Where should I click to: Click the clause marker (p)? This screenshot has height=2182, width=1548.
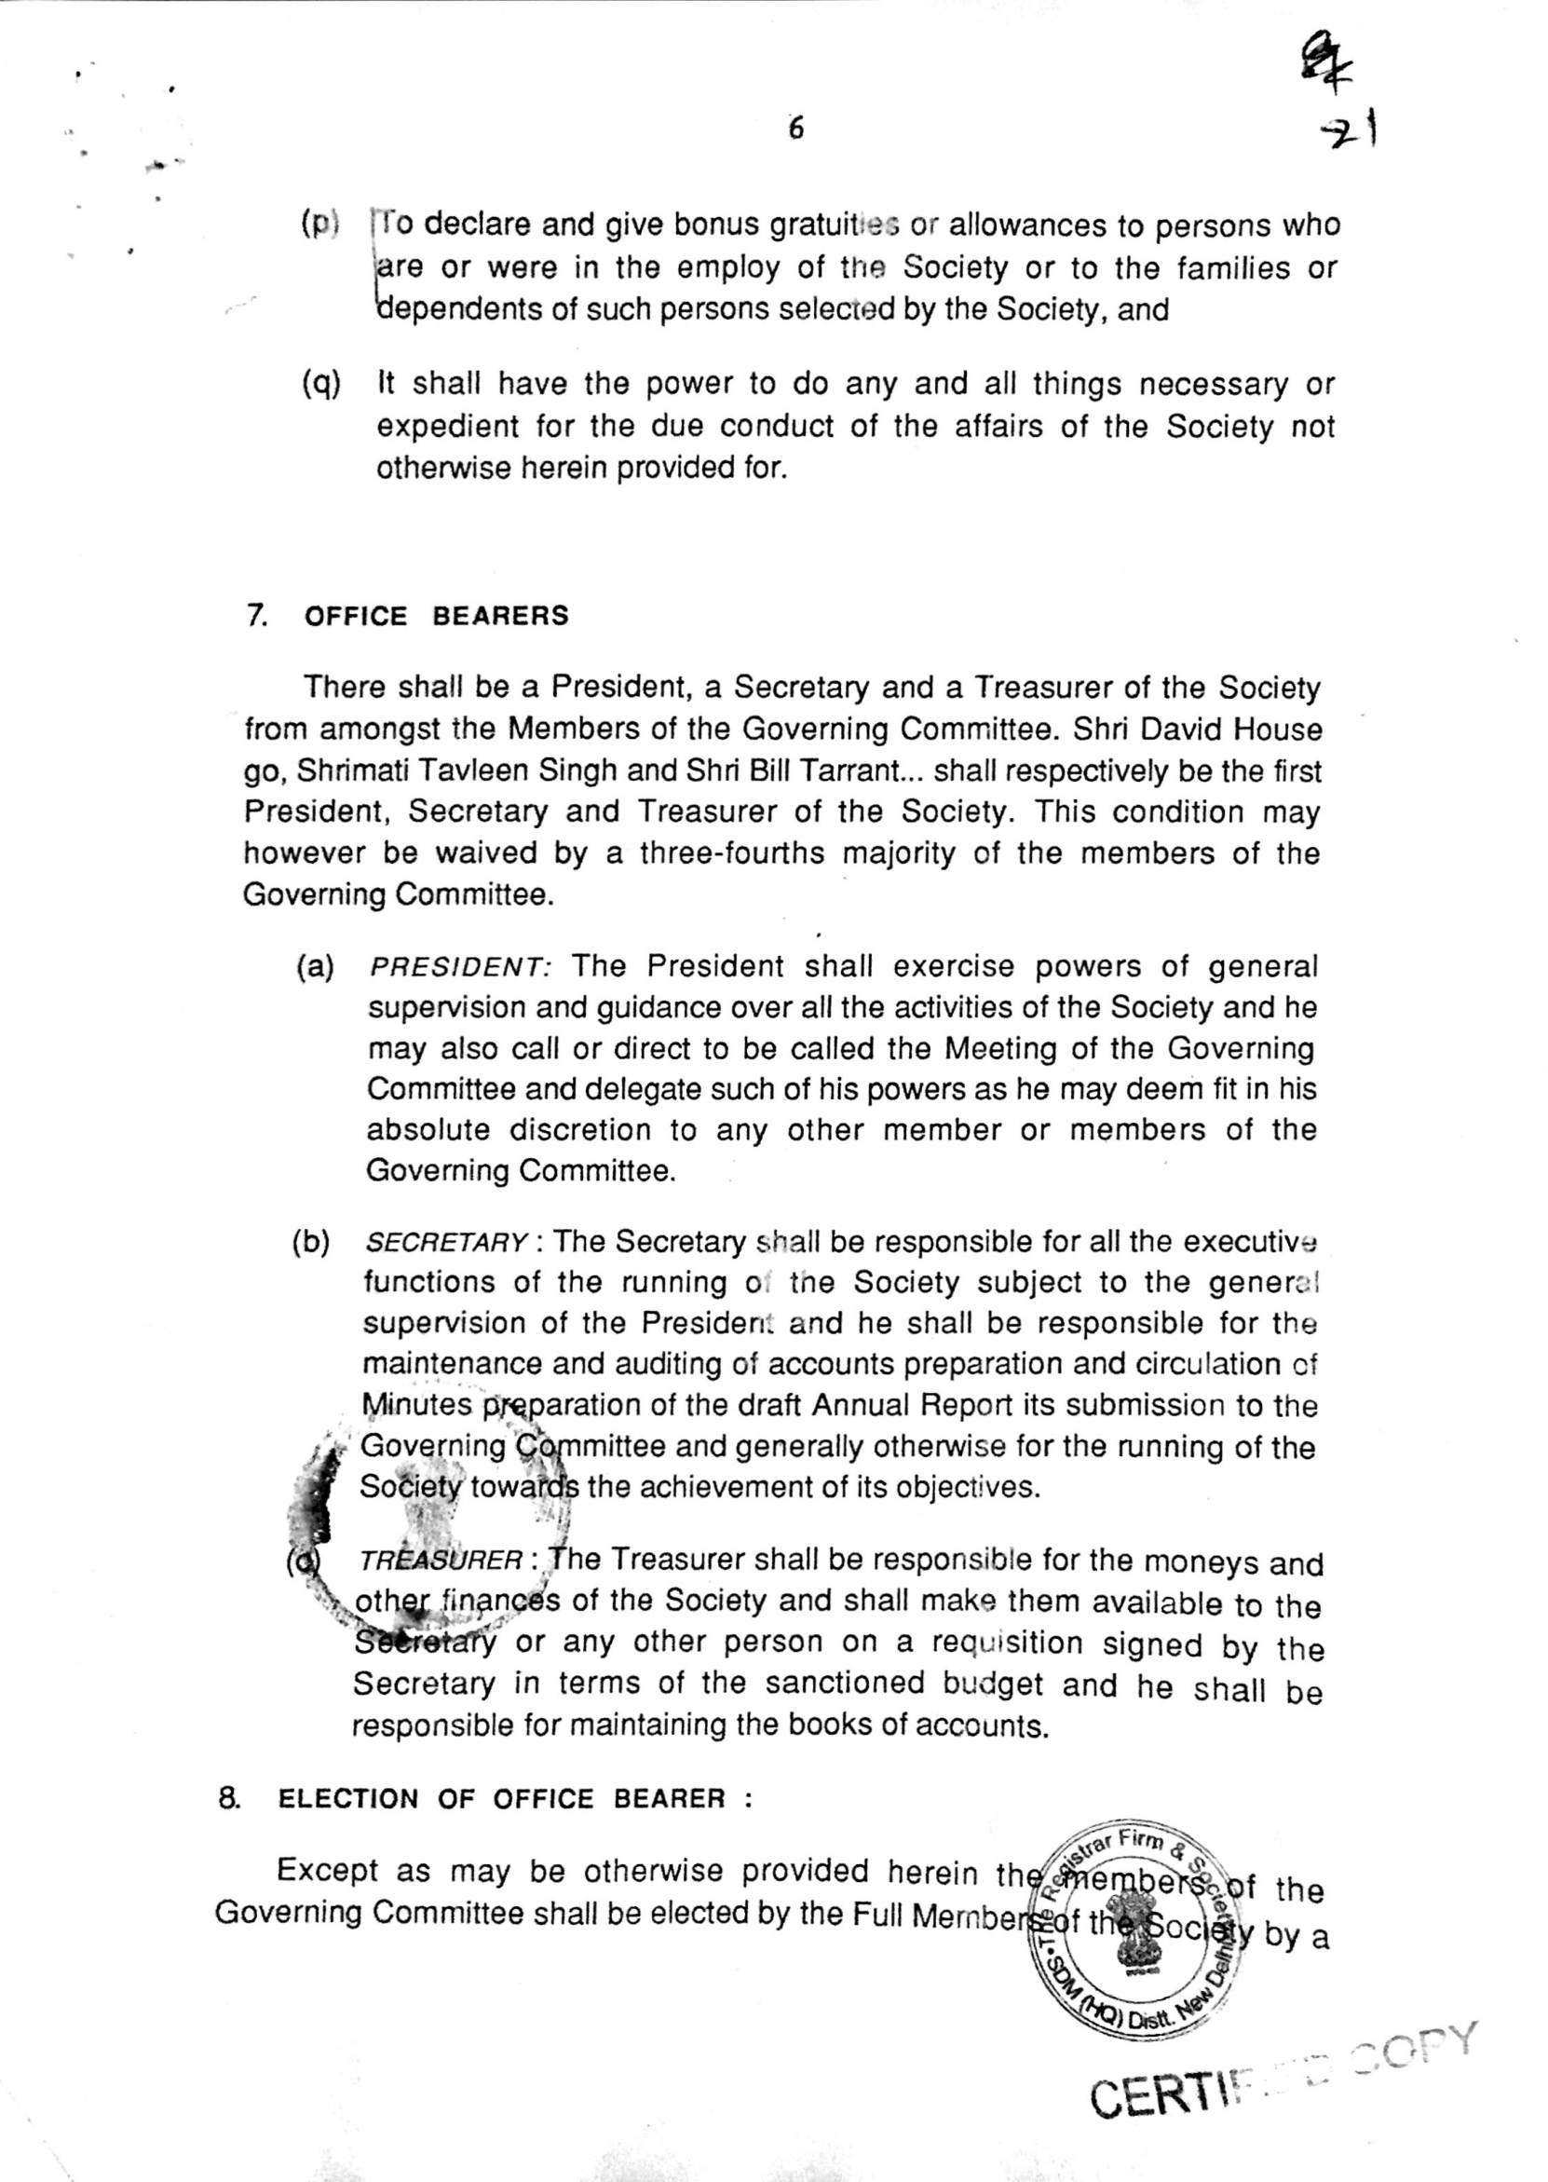pos(319,224)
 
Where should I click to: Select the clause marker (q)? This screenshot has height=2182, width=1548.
pos(320,383)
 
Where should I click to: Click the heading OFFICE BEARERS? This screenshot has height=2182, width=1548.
pos(437,616)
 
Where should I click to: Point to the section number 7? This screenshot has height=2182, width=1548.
pos(256,616)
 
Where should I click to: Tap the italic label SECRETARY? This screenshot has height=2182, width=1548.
pos(446,1243)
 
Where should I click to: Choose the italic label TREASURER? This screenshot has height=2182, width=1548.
pos(441,1561)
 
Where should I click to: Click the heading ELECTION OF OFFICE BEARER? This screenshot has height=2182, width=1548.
pos(502,1799)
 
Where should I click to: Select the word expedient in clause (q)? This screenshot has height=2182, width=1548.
pos(446,426)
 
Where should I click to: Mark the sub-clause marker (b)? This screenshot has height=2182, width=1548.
pos(311,1243)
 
